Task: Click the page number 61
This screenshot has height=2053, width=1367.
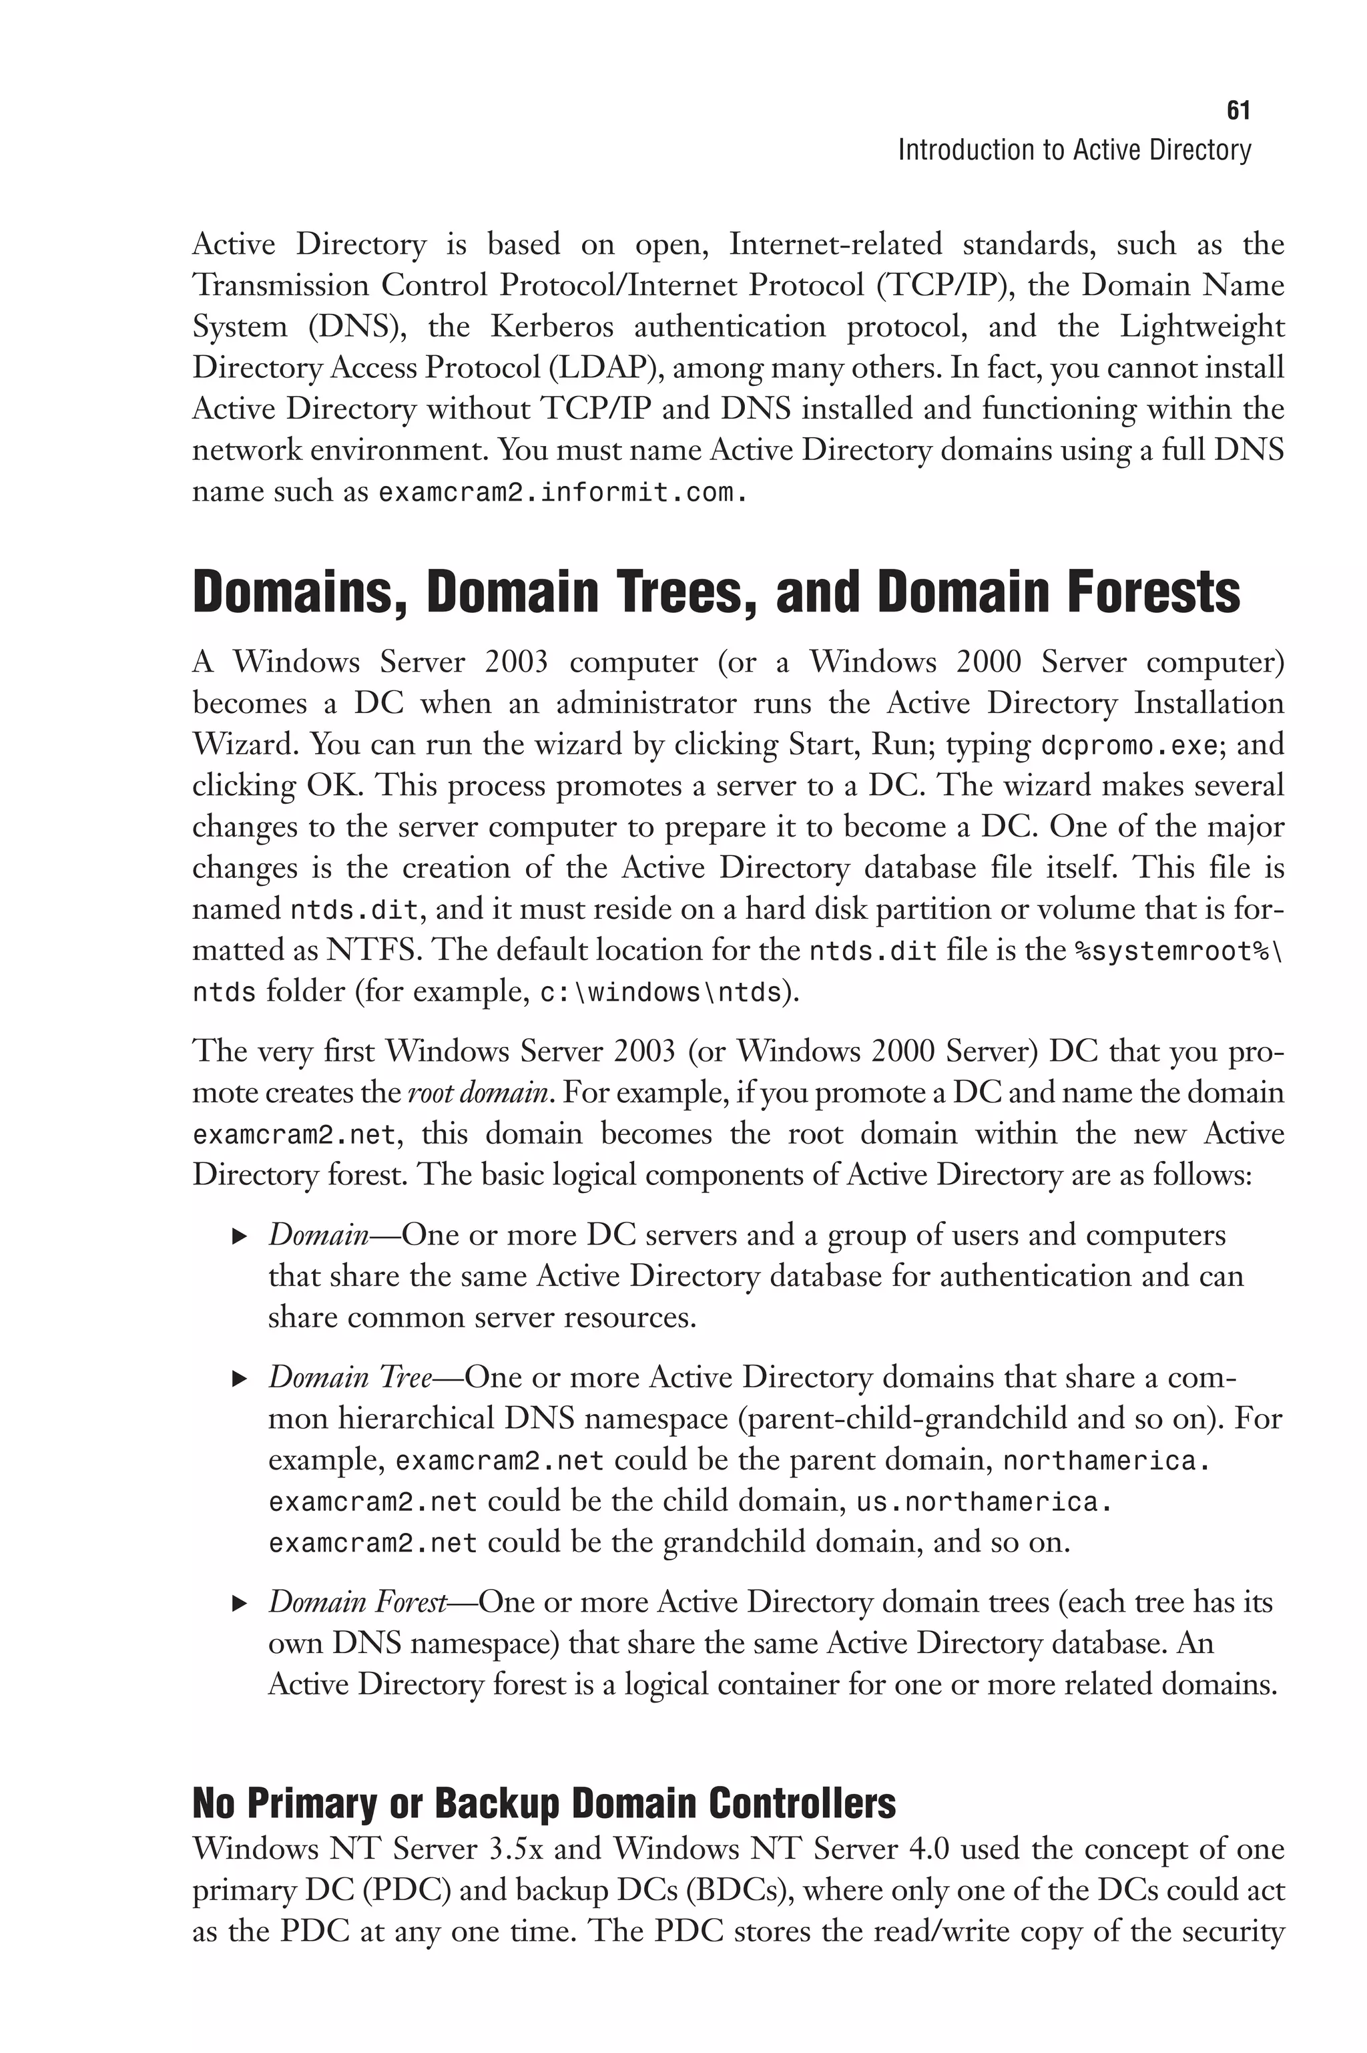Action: click(1238, 111)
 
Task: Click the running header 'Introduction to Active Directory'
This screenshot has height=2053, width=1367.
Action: click(1074, 151)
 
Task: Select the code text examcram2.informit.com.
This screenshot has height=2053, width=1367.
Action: click(562, 493)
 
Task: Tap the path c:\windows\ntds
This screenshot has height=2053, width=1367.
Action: click(660, 993)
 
